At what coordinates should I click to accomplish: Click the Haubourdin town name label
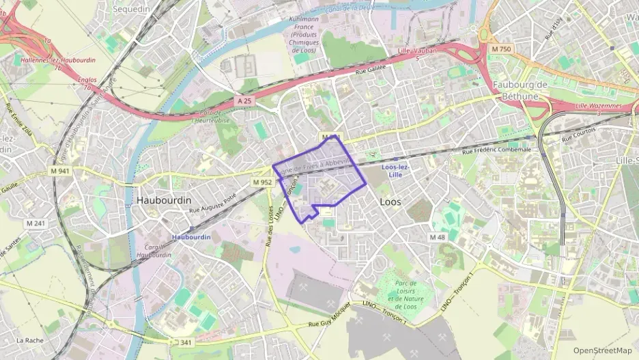point(165,200)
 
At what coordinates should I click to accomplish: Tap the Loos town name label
point(390,202)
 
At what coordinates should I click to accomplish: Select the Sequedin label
point(130,9)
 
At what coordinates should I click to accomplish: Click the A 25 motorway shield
point(245,100)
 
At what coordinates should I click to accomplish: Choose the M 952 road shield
point(262,182)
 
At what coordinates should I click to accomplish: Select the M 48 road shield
point(438,236)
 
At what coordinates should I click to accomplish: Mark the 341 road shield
point(185,342)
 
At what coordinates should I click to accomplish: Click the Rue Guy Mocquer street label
point(332,318)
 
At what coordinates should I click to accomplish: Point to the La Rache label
point(29,340)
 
